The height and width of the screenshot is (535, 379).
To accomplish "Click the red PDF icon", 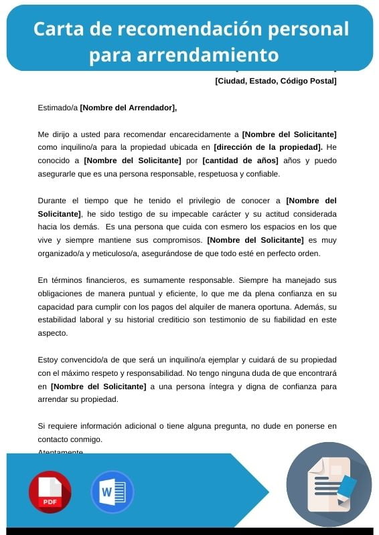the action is (x=50, y=492).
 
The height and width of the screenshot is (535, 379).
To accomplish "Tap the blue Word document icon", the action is (x=112, y=492).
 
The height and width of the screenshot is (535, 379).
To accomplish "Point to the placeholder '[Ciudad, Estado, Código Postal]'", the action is (x=275, y=82).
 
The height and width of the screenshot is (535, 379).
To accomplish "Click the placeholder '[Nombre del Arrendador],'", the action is (x=129, y=108).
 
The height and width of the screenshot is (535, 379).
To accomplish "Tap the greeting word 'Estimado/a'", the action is (x=58, y=108).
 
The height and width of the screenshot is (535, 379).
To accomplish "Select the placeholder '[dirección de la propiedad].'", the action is (x=268, y=147).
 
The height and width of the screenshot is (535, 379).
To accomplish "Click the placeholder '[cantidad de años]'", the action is (x=240, y=160).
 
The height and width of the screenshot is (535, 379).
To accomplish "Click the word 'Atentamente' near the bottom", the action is (x=61, y=452).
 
